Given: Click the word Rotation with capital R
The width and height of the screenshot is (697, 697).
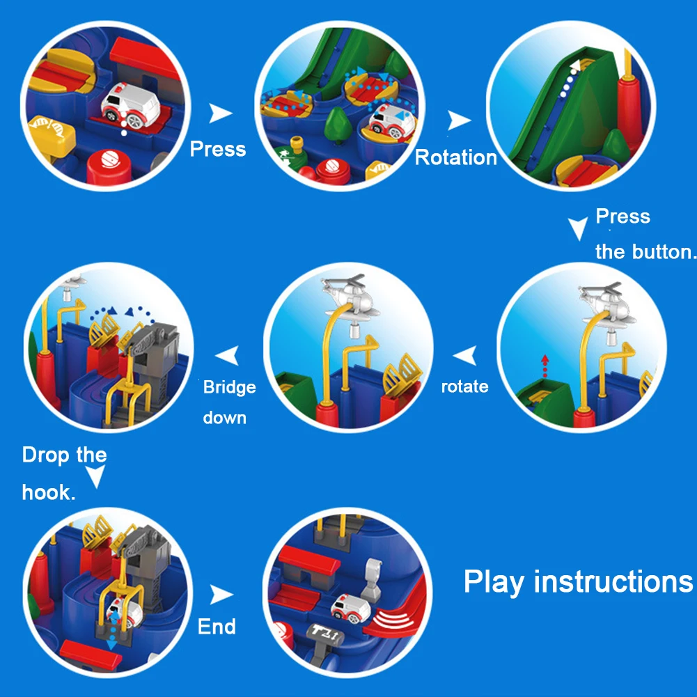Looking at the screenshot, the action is tap(455, 157).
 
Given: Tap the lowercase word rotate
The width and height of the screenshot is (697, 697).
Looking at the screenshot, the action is tap(464, 386).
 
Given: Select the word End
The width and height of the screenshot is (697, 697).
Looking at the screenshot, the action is tap(217, 626).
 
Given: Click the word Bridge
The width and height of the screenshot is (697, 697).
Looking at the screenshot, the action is tap(229, 387).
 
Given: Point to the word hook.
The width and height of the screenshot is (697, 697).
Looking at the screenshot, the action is tap(49, 492).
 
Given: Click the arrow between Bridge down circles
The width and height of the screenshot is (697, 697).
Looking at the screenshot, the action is tap(227, 356).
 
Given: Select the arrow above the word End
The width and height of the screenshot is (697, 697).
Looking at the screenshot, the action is tap(221, 595).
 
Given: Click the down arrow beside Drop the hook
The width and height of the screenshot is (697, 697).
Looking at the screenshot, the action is tap(95, 476).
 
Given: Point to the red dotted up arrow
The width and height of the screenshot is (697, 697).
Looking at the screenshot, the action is tap(545, 366).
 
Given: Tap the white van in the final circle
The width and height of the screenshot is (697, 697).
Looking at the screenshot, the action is tap(351, 606).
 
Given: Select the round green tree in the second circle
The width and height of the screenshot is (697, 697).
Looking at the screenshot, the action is tap(338, 124).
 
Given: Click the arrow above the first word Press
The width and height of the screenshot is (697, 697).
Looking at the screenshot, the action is tap(220, 113).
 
